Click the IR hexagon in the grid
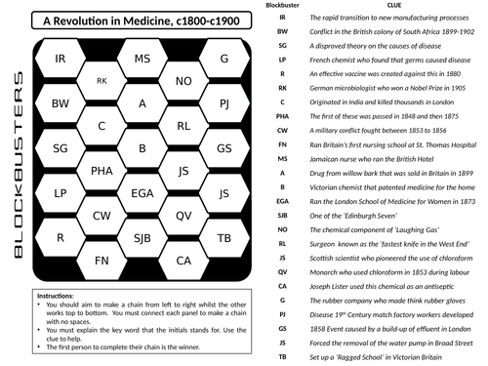point(61,61)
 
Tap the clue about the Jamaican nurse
point(361,158)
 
